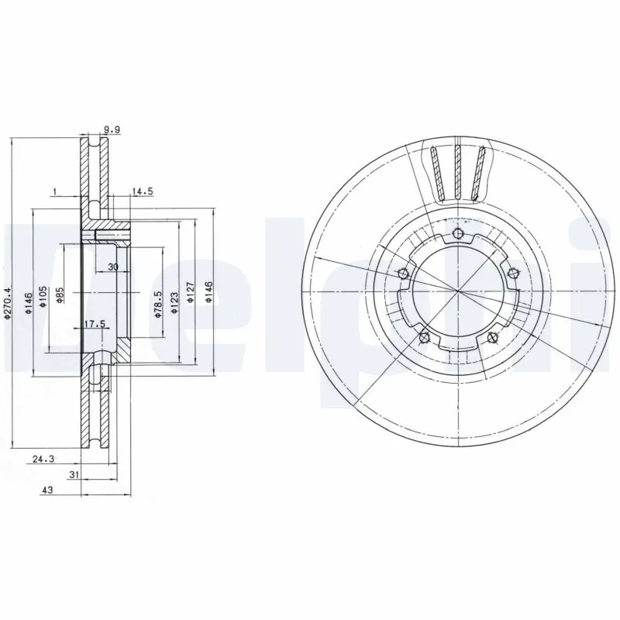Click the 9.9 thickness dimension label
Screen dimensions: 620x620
(112, 131)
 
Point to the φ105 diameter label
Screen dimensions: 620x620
(43, 297)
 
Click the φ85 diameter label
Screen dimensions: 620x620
(60, 296)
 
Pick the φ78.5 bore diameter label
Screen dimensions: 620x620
(158, 301)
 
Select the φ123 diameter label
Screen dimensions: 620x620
(176, 301)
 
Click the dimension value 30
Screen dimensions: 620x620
(113, 267)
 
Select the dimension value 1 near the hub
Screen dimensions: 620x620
(55, 191)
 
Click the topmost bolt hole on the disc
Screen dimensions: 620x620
(457, 234)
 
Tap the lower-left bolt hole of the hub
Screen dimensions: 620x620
(423, 336)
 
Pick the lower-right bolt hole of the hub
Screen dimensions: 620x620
(493, 336)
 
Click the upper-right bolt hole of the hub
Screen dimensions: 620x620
(511, 272)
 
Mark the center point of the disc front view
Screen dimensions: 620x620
(458, 293)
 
